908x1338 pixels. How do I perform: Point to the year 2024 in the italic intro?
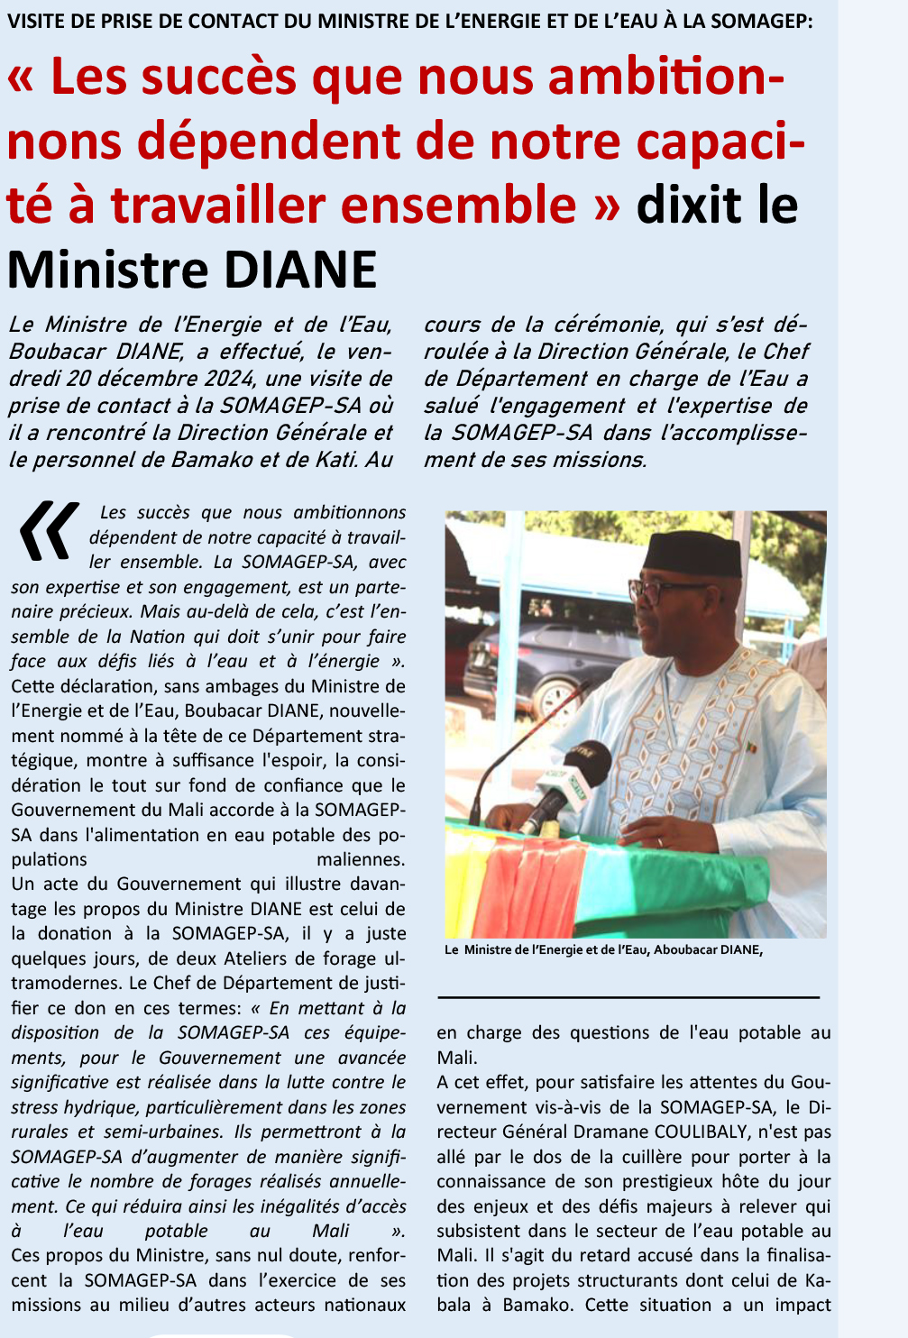237,379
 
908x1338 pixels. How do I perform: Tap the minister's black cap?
692,552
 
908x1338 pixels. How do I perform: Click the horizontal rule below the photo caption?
628,997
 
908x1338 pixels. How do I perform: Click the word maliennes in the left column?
361,859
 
